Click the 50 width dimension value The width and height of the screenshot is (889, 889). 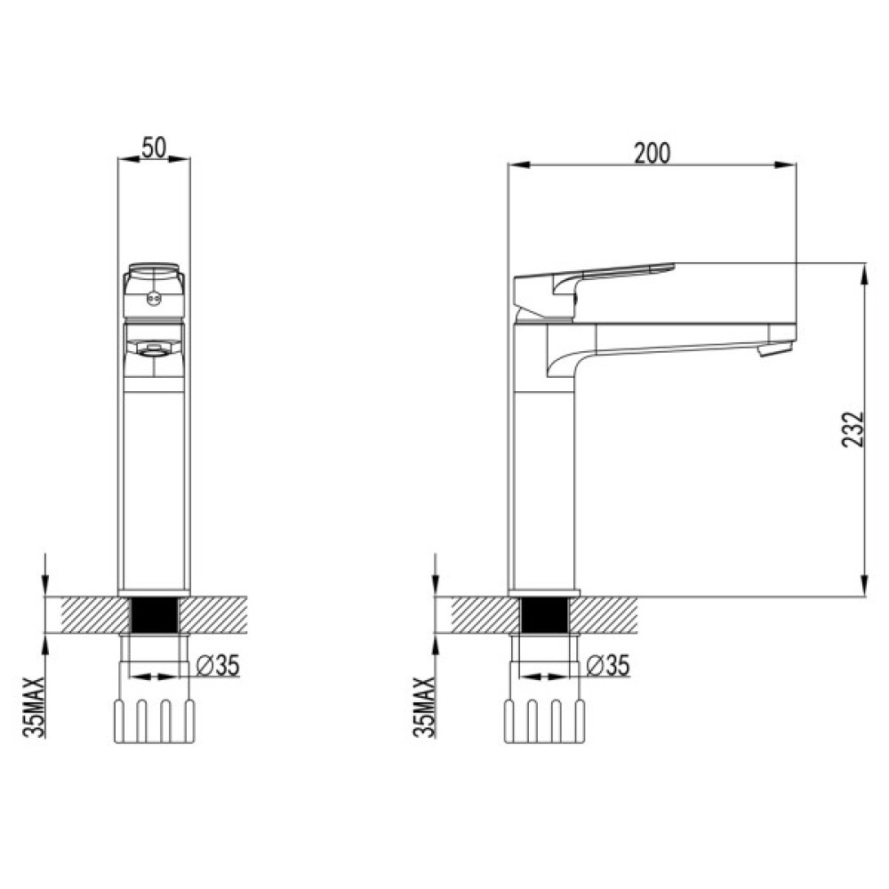click(x=154, y=148)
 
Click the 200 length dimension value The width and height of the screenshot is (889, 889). click(x=652, y=153)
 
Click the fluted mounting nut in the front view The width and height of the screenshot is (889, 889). click(x=154, y=721)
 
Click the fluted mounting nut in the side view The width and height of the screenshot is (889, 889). click(x=544, y=721)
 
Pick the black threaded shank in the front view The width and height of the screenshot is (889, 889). click(x=155, y=614)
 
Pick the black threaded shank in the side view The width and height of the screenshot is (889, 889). click(x=544, y=614)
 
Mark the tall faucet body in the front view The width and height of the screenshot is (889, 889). click(x=154, y=489)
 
